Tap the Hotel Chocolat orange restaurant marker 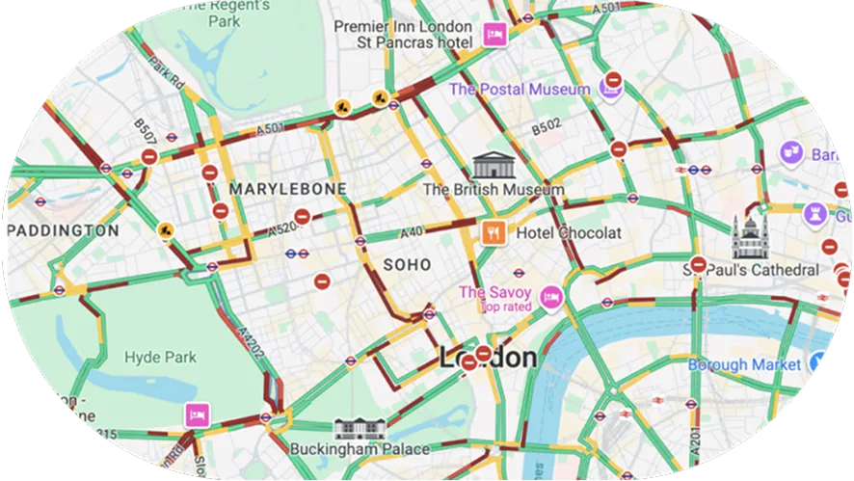tap(493, 232)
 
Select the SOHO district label tap(407, 263)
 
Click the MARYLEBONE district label tap(287, 189)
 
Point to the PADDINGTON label tap(63, 231)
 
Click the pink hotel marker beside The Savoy tap(550, 296)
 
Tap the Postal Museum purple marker tap(609, 89)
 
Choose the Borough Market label tap(743, 364)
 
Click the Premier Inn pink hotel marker tap(494, 35)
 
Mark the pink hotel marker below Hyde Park tap(197, 414)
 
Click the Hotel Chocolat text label tap(569, 232)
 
